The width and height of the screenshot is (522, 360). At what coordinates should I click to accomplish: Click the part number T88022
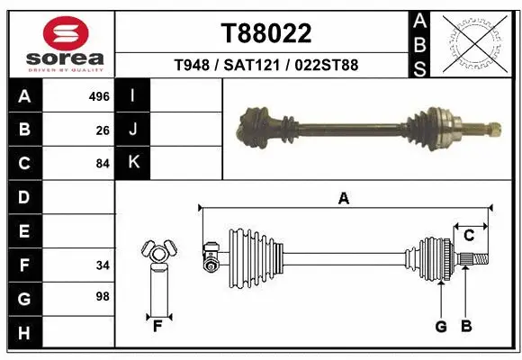point(266,34)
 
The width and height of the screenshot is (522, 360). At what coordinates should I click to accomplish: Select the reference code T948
point(192,66)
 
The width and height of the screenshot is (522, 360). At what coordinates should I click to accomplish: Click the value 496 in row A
point(99,96)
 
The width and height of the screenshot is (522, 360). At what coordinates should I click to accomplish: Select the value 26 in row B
point(103,130)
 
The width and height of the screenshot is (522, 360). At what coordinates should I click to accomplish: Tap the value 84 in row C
point(103,163)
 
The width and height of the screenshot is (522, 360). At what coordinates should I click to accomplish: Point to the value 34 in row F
point(103,265)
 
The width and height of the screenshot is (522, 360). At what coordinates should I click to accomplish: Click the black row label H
point(23,333)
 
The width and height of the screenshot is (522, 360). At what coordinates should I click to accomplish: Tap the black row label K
point(133,163)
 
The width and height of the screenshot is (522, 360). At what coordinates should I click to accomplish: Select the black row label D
point(23,197)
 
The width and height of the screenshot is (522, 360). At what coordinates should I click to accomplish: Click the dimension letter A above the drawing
point(343,200)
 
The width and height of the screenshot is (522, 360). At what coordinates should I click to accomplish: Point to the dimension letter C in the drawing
point(469,236)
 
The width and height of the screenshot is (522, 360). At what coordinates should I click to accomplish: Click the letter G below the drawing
point(440,327)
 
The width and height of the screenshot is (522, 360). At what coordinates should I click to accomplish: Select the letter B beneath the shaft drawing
point(465,327)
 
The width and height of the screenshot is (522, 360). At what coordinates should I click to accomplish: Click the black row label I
point(133,96)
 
